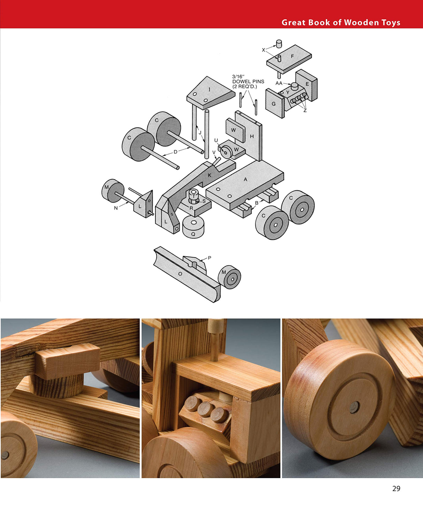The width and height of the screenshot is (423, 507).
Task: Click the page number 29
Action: tap(396, 489)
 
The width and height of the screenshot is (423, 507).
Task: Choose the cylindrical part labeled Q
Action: tap(193, 227)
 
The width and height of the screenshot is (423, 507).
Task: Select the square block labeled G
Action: tap(274, 104)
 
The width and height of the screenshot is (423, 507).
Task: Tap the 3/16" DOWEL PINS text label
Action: tap(248, 81)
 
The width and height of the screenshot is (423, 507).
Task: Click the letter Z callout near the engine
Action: tap(305, 110)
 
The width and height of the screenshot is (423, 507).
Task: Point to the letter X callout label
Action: tap(263, 50)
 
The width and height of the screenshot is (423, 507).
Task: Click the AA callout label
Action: tap(279, 83)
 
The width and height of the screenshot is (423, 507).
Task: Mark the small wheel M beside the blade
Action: tap(230, 277)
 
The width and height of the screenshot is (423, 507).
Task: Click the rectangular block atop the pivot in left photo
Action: tap(68, 361)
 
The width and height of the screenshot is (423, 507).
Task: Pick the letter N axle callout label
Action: tap(116, 208)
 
